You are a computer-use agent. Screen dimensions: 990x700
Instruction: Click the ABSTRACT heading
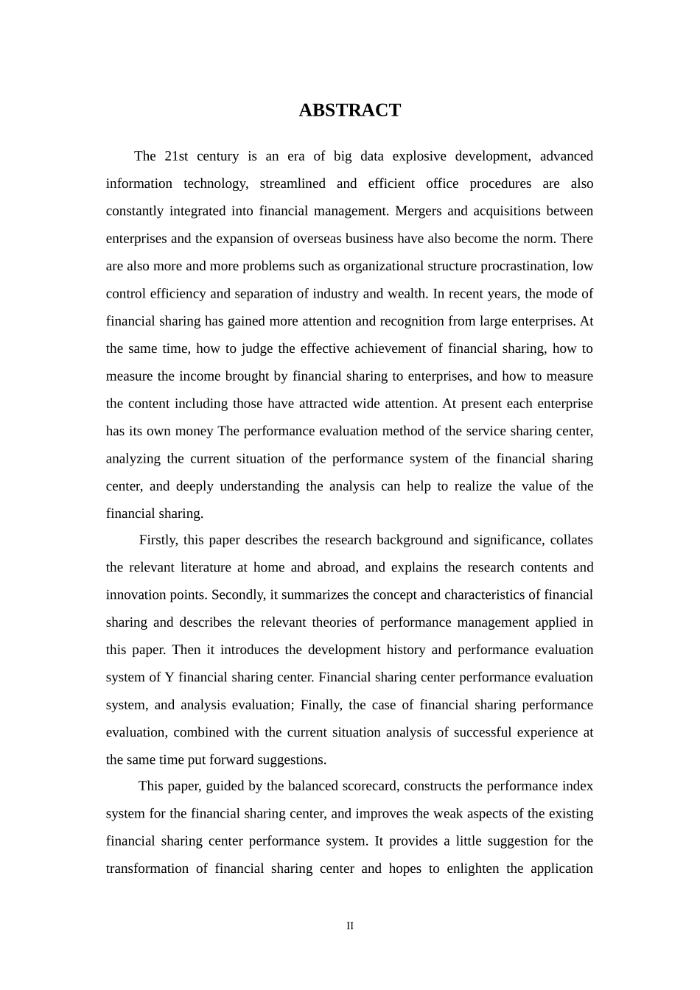click(x=349, y=110)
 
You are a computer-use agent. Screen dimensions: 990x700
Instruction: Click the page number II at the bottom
click(x=350, y=926)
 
